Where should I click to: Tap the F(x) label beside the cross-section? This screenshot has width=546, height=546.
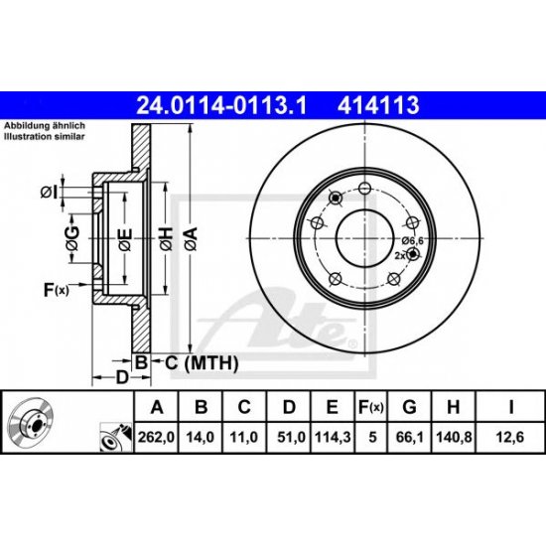(57, 290)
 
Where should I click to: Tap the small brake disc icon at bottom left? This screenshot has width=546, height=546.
(31, 425)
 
